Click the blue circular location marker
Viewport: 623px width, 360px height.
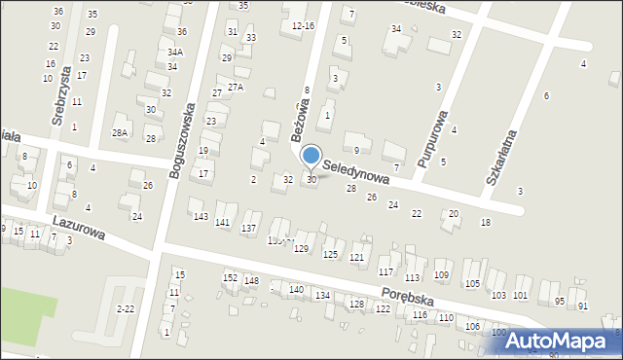coord(311,156)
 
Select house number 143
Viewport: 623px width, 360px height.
coord(201,216)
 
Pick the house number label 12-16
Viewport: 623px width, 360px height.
coord(303,25)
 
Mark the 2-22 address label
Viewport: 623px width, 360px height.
coord(126,308)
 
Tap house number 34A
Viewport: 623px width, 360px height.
coord(174,53)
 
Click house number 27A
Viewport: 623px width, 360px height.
coord(235,87)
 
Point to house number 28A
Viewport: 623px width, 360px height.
coord(120,132)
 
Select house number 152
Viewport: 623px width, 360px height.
coord(230,277)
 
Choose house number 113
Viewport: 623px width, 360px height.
coord(412,276)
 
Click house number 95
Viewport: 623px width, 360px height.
coord(560,301)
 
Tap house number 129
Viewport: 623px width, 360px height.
coord(301,249)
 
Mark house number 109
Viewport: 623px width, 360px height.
coord(441,275)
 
